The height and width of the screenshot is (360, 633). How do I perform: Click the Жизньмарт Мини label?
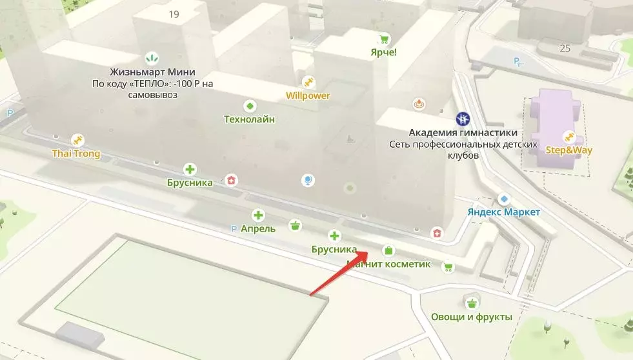(x=152, y=72)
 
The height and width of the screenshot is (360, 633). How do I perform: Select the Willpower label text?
(x=308, y=95)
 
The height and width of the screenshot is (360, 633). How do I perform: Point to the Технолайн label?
(x=249, y=119)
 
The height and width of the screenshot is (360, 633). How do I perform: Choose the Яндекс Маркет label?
(x=504, y=212)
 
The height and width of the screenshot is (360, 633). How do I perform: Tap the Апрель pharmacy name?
(x=258, y=228)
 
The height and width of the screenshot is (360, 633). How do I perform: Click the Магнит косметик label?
(x=388, y=264)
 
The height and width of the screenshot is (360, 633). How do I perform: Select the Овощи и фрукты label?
(x=471, y=317)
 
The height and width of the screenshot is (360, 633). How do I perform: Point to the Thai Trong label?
(x=76, y=154)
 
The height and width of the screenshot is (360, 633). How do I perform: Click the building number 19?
(x=174, y=14)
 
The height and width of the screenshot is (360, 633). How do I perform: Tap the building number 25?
(x=565, y=48)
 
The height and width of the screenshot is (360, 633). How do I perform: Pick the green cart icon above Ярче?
(x=383, y=38)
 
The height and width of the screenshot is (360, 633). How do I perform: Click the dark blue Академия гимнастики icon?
(x=462, y=119)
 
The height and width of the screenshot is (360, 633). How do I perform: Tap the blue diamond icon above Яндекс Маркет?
(x=504, y=199)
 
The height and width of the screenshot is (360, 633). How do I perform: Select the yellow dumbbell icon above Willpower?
(x=308, y=83)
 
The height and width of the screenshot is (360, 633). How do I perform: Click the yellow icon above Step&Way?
(x=568, y=136)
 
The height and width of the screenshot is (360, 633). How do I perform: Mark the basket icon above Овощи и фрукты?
(x=472, y=303)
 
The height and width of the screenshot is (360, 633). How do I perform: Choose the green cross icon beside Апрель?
(x=258, y=215)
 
